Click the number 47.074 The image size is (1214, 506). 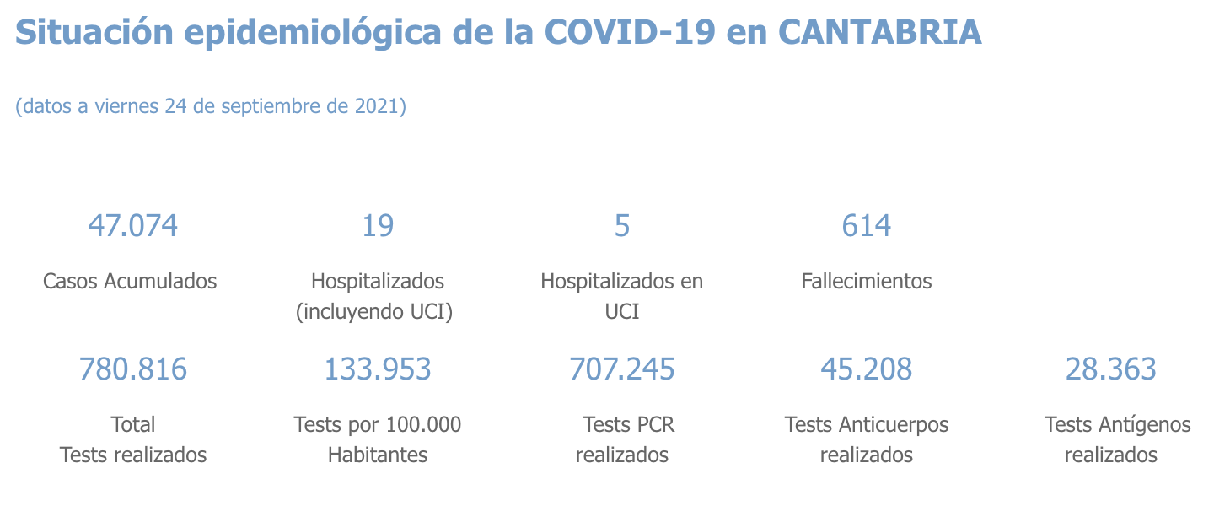click(x=133, y=226)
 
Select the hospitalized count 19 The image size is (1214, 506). click(x=378, y=226)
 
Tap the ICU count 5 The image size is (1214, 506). click(x=622, y=226)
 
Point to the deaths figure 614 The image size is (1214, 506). click(x=867, y=226)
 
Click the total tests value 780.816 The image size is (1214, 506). click(x=133, y=369)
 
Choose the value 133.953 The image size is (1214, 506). click(x=378, y=369)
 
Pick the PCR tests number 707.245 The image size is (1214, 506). click(x=622, y=369)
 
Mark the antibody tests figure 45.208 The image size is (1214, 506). click(x=867, y=369)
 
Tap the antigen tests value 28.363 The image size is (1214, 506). click(x=1111, y=369)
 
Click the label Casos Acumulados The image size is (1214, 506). click(x=130, y=281)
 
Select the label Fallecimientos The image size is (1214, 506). click(x=867, y=281)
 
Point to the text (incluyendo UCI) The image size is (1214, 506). click(x=374, y=312)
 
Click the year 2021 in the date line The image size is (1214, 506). click(x=377, y=107)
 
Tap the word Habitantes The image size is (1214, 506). click(x=378, y=455)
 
